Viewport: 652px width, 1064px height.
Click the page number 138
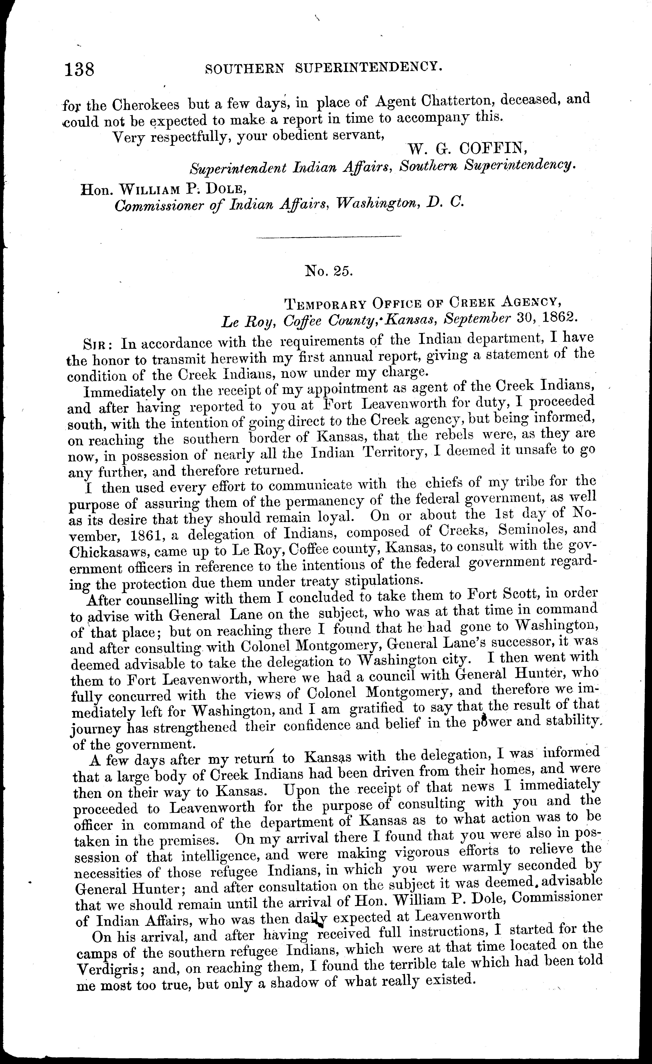pos(79,69)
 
